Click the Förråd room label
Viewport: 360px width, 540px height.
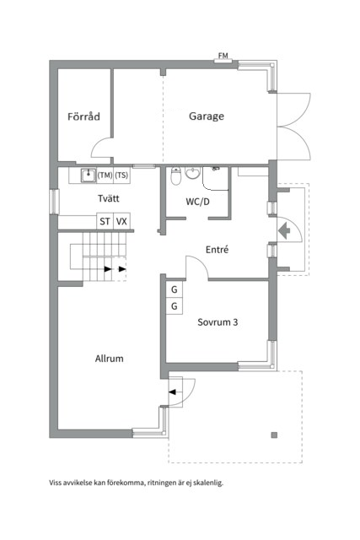pos(83,116)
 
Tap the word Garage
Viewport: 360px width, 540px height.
pos(206,116)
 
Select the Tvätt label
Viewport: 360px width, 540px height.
pos(108,198)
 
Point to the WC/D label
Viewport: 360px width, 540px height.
pos(199,202)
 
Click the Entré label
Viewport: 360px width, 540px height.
pos(218,250)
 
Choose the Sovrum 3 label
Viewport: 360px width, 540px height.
pos(217,321)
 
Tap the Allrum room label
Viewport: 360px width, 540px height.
pos(109,359)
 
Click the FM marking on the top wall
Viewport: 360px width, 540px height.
pos(223,57)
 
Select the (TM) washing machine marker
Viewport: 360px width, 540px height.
pos(105,175)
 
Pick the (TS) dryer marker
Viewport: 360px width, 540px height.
pos(121,175)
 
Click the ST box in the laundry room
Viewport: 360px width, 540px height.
pos(105,221)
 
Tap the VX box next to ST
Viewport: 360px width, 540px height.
pos(121,221)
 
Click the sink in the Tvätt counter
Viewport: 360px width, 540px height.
pos(87,175)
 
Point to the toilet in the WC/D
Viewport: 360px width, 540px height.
pos(175,177)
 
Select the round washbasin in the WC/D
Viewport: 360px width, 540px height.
pos(193,174)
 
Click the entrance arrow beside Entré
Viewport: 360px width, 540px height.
pos(283,229)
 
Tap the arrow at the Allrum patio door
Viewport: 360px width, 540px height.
pos(175,391)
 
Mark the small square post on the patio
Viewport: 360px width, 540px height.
pos(274,435)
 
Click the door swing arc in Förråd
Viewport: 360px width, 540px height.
pos(101,150)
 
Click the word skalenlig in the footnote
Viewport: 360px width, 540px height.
pos(209,483)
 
